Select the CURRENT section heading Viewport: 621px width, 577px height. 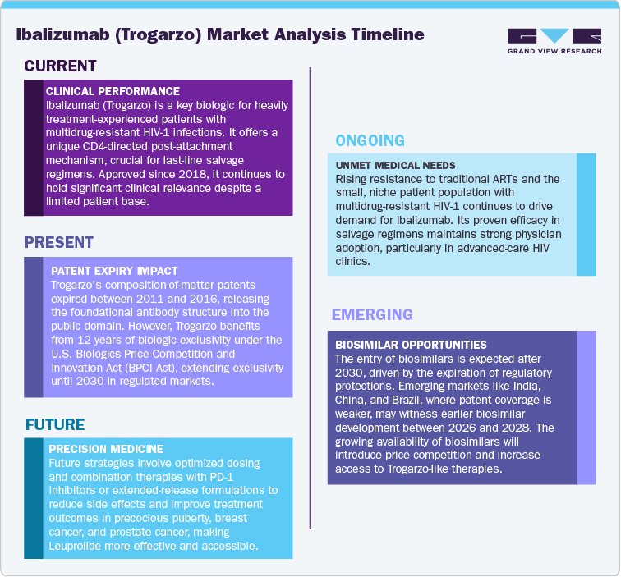tap(61, 66)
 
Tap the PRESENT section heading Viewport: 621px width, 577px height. tap(59, 242)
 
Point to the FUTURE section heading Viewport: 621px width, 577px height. tap(55, 424)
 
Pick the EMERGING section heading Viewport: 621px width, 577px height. tap(372, 315)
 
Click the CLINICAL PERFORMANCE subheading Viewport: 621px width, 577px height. tap(113, 91)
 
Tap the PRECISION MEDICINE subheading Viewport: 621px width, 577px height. tap(106, 449)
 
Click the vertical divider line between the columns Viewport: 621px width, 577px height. tap(310, 295)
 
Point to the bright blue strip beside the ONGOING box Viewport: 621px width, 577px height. tap(586, 213)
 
